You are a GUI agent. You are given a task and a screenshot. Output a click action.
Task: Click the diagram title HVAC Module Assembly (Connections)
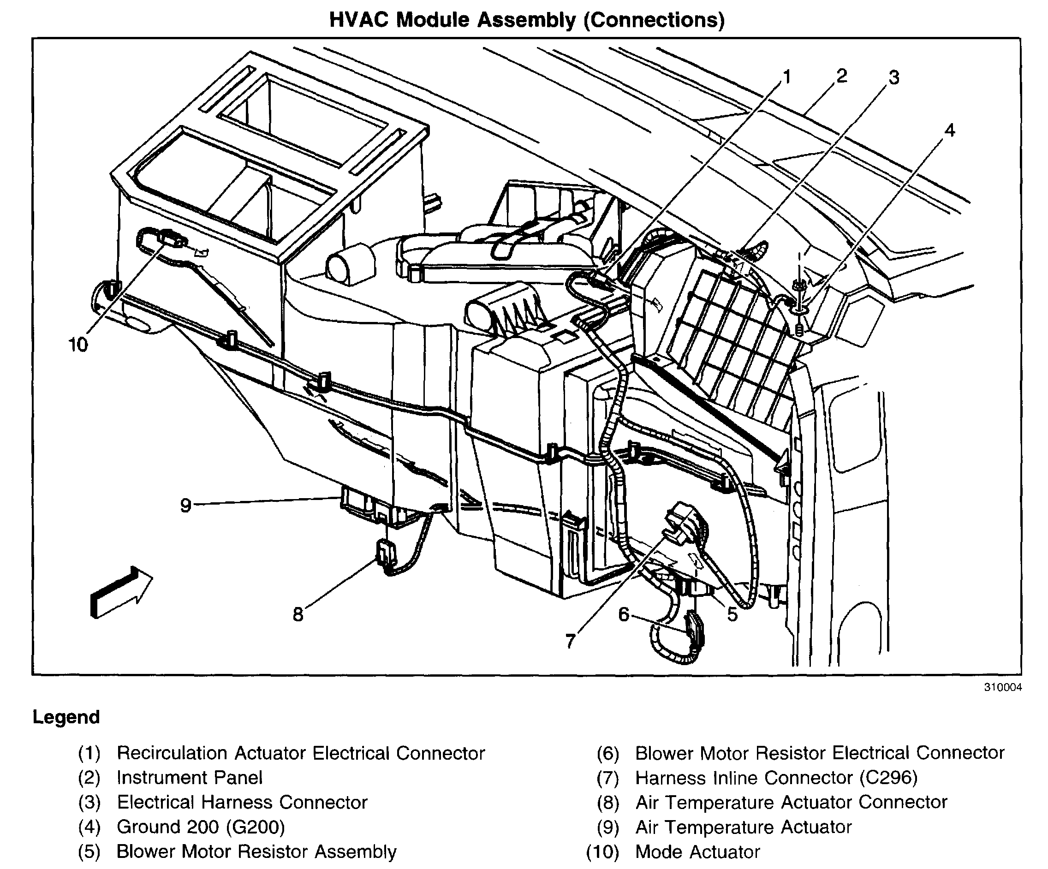click(526, 20)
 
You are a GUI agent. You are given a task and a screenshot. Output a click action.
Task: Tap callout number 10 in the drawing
click(78, 345)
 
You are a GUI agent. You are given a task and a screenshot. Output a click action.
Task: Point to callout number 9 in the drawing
click(185, 505)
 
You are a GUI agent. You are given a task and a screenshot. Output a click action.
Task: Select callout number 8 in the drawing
click(298, 614)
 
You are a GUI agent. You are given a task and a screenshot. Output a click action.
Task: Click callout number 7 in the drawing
click(571, 640)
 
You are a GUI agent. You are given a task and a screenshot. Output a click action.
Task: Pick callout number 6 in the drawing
click(624, 614)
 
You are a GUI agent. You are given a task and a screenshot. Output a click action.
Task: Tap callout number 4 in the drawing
click(949, 130)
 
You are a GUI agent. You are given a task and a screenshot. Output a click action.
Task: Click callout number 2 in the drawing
click(842, 76)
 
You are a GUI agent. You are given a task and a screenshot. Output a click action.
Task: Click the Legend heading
click(66, 717)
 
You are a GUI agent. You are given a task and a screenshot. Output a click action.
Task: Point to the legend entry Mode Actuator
click(697, 851)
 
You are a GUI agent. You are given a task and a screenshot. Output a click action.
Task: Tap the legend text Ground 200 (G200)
click(201, 827)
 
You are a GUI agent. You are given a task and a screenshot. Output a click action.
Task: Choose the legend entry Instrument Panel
click(190, 778)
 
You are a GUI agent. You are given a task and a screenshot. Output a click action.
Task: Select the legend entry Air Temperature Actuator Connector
click(791, 802)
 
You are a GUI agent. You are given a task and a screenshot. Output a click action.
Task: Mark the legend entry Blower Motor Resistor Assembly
click(256, 851)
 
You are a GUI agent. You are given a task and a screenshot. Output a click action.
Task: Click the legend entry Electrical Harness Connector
click(242, 802)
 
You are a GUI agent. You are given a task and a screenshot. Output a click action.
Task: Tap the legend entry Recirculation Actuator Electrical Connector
click(300, 753)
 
